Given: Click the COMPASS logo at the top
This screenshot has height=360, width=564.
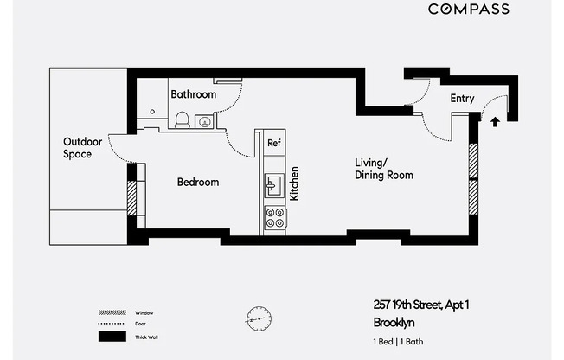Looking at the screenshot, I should point(469,10).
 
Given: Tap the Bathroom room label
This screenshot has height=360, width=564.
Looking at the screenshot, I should point(192,93).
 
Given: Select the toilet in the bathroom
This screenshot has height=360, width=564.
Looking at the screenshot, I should point(183,122).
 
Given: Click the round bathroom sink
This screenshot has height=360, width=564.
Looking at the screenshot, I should point(205,122).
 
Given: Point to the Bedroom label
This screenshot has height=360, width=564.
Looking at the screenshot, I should point(198,183).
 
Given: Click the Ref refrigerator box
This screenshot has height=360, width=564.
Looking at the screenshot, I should point(273,143).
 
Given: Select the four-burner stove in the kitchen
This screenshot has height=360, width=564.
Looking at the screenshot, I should point(275,217).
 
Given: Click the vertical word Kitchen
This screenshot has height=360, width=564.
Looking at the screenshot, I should point(294,184).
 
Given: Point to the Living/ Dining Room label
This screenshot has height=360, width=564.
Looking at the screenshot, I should point(384,169).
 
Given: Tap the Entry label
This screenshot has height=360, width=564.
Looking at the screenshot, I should point(462,99).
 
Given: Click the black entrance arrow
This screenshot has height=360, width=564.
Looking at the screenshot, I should point(495,122).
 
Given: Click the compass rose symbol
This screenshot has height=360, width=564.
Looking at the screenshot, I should point(258,318).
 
